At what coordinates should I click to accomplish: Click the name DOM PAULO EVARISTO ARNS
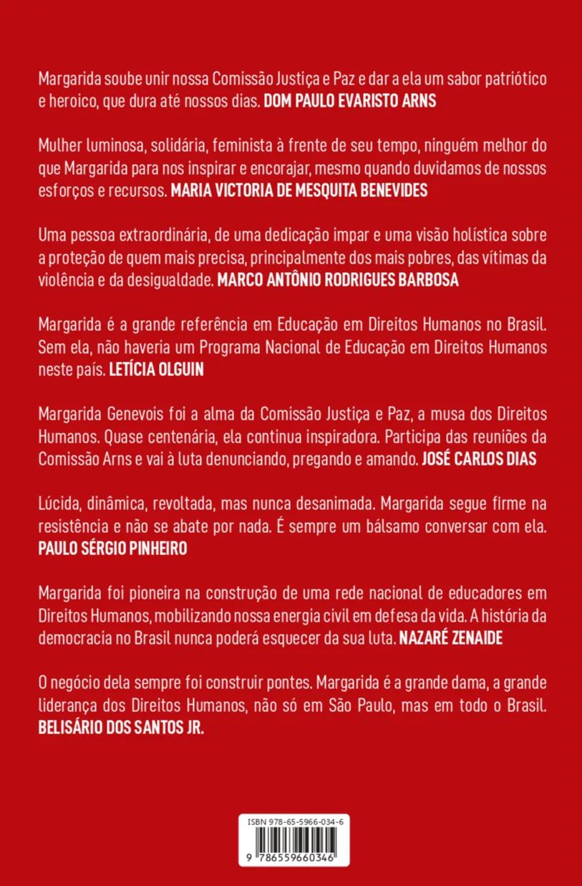pos(350,102)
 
